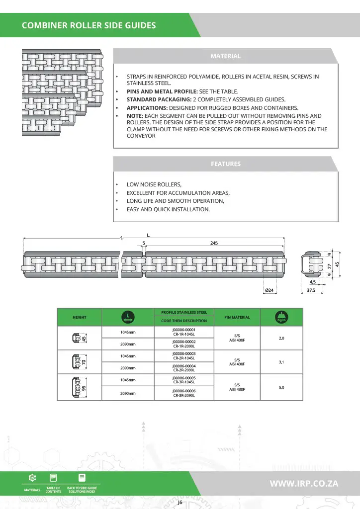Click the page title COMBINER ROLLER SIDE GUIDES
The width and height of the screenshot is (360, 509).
pos(89,25)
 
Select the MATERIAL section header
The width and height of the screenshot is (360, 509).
pos(225,56)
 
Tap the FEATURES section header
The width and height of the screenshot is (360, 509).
pos(225,164)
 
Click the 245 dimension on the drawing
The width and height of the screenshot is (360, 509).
pos(214,244)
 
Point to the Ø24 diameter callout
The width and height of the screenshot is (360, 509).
pos(270,289)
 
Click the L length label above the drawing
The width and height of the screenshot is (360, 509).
pos(148,235)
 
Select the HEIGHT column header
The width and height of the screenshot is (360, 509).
pos(80,317)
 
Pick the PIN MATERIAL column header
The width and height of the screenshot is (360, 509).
pos(237,317)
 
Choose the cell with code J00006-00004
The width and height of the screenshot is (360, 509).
pos(183,368)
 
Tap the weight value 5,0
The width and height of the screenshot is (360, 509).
pos(281,387)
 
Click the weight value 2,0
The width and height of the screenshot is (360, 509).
pos(281,338)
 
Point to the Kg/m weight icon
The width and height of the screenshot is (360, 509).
pos(281,317)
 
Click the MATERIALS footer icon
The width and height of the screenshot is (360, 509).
pos(32,482)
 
